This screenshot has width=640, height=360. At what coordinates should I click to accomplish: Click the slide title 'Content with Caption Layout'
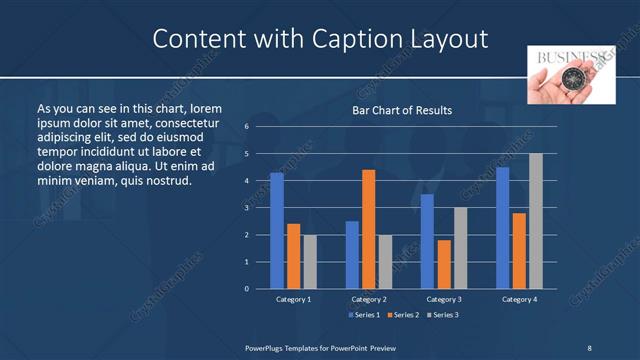(x=320, y=38)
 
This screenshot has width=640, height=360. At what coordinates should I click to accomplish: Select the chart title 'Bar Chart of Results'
(x=402, y=110)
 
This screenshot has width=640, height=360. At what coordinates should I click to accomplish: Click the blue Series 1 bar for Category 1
(x=277, y=231)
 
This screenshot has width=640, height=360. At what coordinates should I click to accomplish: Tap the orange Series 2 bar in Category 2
(x=368, y=229)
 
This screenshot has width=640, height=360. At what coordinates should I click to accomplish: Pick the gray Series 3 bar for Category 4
(x=535, y=221)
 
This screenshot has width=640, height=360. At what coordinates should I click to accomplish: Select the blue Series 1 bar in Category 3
(x=427, y=241)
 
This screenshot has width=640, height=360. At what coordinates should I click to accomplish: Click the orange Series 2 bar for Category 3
(x=444, y=264)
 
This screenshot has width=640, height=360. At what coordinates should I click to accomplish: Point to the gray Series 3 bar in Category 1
(x=310, y=261)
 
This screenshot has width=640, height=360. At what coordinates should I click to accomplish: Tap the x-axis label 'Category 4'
(x=519, y=299)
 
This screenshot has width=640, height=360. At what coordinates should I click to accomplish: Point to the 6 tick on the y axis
(x=246, y=127)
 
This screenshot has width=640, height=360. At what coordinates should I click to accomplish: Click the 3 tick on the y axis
(x=246, y=208)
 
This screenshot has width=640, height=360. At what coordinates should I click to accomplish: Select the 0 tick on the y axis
(x=246, y=289)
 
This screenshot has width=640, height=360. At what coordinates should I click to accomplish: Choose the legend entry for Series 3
(x=444, y=315)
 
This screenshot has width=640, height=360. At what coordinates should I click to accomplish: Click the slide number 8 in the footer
(x=588, y=347)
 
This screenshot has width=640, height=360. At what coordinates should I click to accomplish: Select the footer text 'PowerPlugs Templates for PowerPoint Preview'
(x=320, y=347)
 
